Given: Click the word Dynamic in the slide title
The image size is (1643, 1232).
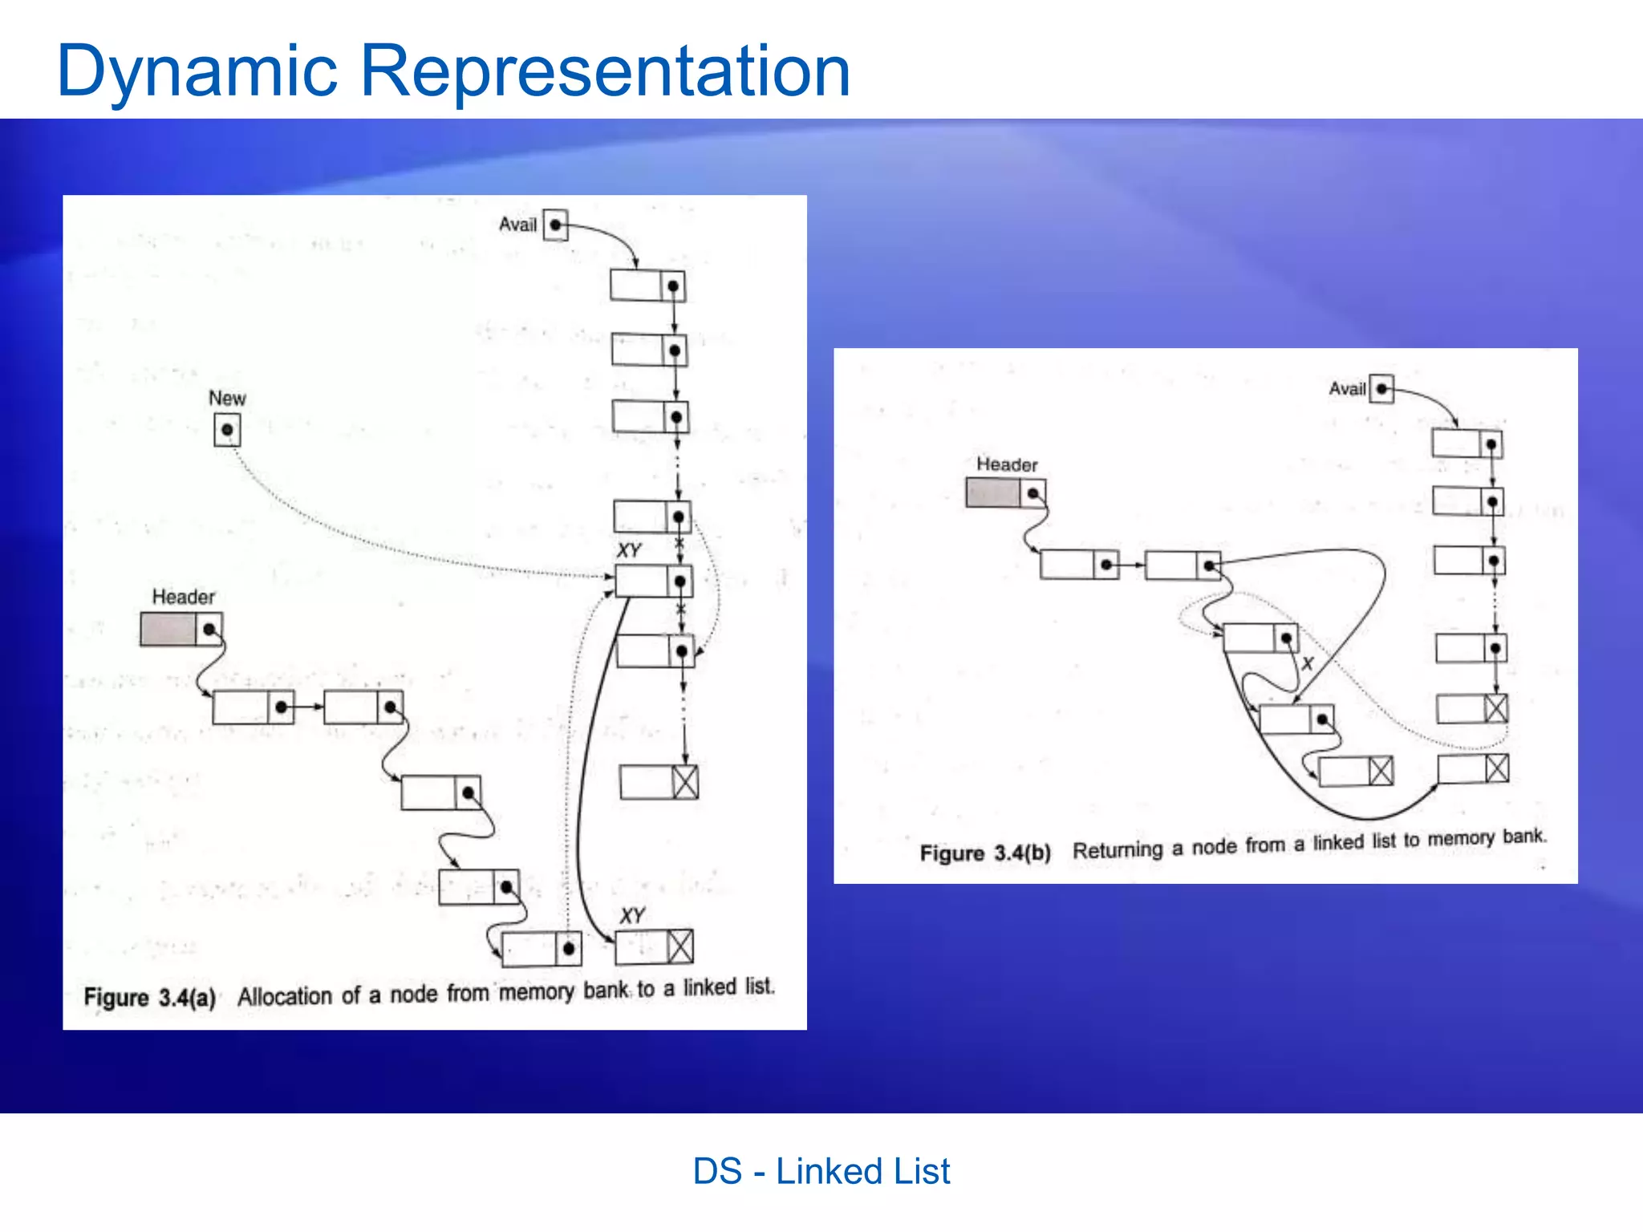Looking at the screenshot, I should (197, 72).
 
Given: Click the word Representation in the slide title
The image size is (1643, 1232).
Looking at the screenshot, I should (606, 72).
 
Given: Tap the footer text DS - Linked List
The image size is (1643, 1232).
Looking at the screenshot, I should (821, 1171).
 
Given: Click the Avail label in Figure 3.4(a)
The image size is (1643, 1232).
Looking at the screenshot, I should (517, 225).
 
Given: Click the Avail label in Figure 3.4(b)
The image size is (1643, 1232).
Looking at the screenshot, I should (1347, 389).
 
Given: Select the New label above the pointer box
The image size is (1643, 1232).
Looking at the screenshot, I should (227, 398).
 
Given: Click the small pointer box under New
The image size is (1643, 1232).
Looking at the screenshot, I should (227, 430).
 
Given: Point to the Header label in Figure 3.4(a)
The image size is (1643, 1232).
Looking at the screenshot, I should (184, 597).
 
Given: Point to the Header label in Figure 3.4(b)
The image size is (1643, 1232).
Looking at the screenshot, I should (1007, 464).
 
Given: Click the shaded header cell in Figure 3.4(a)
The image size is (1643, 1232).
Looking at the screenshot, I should (168, 629).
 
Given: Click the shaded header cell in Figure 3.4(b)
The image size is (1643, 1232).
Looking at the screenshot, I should (992, 492).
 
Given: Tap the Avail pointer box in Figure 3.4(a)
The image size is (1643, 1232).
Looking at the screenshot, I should (555, 225).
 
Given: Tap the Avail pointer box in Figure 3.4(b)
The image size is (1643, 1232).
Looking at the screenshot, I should (1381, 389).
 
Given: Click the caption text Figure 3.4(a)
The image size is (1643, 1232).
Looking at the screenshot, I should (150, 998).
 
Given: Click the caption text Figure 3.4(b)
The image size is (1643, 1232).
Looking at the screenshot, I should (985, 853).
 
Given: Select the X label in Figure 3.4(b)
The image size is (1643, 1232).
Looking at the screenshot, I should (1308, 663).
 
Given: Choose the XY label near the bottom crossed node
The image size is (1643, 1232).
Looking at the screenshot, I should (632, 915).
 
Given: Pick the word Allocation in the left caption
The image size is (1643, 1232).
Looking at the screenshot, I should (285, 996).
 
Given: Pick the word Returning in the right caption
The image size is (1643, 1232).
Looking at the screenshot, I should (1118, 849).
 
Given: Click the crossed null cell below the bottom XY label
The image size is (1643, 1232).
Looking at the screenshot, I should (680, 947).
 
